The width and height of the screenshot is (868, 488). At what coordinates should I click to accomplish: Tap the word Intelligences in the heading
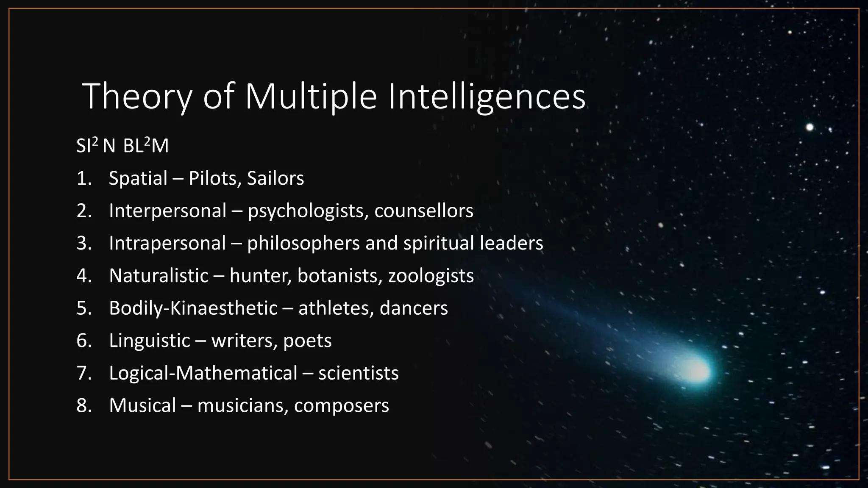(486, 97)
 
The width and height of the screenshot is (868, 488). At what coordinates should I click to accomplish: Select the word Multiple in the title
(311, 97)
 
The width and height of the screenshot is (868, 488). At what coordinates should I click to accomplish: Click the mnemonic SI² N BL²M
(122, 146)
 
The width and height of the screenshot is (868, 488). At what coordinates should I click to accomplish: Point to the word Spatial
(138, 178)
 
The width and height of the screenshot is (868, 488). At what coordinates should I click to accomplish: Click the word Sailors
(275, 178)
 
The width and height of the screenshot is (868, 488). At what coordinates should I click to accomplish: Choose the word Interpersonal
(168, 211)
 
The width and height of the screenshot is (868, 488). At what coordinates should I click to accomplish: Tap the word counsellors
(424, 211)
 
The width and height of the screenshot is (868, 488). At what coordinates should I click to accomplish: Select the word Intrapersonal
(167, 243)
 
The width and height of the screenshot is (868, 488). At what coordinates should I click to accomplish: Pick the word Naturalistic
(159, 276)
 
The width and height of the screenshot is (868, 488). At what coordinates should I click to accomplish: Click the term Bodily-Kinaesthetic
(193, 308)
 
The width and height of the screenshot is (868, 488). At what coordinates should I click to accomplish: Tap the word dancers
(414, 308)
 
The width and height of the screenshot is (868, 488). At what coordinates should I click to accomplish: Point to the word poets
(307, 341)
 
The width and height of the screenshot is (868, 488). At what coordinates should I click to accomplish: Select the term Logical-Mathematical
(203, 373)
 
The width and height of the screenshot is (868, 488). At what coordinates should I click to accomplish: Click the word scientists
(359, 373)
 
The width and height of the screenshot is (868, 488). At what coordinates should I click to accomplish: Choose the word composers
(341, 405)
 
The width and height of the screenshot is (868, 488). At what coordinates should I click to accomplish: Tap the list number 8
(83, 405)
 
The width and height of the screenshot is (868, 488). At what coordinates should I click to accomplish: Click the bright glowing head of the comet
(697, 370)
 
